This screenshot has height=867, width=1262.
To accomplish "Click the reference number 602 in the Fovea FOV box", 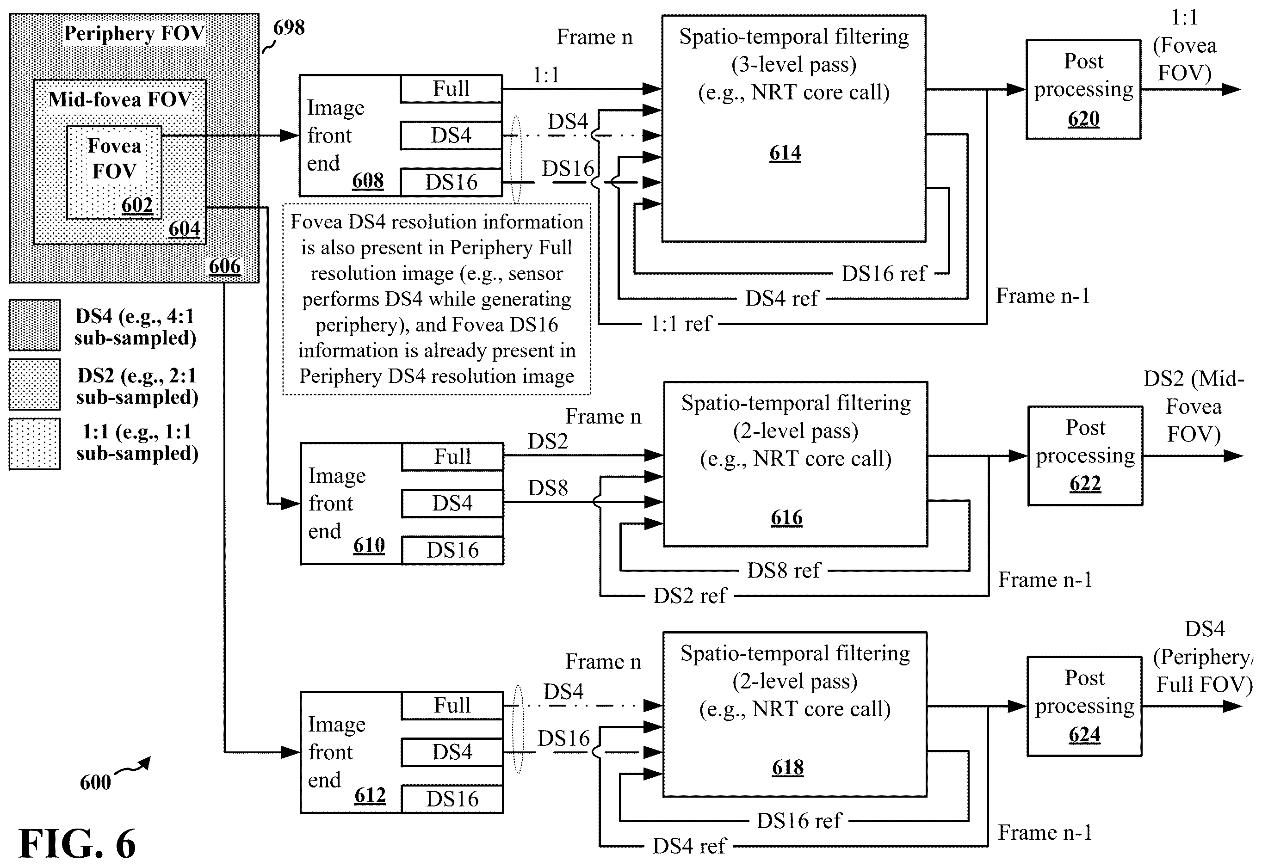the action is [x=137, y=205].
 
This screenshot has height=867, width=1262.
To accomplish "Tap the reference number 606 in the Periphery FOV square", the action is [x=224, y=266].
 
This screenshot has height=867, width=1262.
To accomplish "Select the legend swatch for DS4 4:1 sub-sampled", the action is [x=35, y=325].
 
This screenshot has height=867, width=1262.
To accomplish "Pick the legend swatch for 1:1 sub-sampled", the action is [x=35, y=444].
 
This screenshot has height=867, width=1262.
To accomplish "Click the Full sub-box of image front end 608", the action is [x=451, y=88].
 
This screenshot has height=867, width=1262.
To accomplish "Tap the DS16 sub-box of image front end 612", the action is [x=452, y=799].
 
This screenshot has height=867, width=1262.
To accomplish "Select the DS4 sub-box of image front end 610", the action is [x=452, y=504].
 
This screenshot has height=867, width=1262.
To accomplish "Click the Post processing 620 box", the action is [x=1083, y=90].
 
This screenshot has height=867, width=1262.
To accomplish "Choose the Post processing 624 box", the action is [x=1084, y=706].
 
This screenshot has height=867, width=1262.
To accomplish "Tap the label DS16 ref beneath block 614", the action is [x=884, y=274].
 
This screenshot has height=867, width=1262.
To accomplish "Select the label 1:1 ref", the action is [x=681, y=324].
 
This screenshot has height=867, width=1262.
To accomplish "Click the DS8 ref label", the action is [x=783, y=571].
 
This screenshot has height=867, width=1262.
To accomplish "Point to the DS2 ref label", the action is [x=690, y=596].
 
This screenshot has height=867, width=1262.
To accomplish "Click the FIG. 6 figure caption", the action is [x=77, y=843].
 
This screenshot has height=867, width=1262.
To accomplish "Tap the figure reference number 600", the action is [x=95, y=782].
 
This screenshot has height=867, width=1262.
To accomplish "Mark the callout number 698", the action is [x=289, y=27].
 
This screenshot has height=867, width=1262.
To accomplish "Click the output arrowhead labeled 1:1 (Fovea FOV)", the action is [x=1231, y=90].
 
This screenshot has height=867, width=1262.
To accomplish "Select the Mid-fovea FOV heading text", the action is [x=120, y=99].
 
